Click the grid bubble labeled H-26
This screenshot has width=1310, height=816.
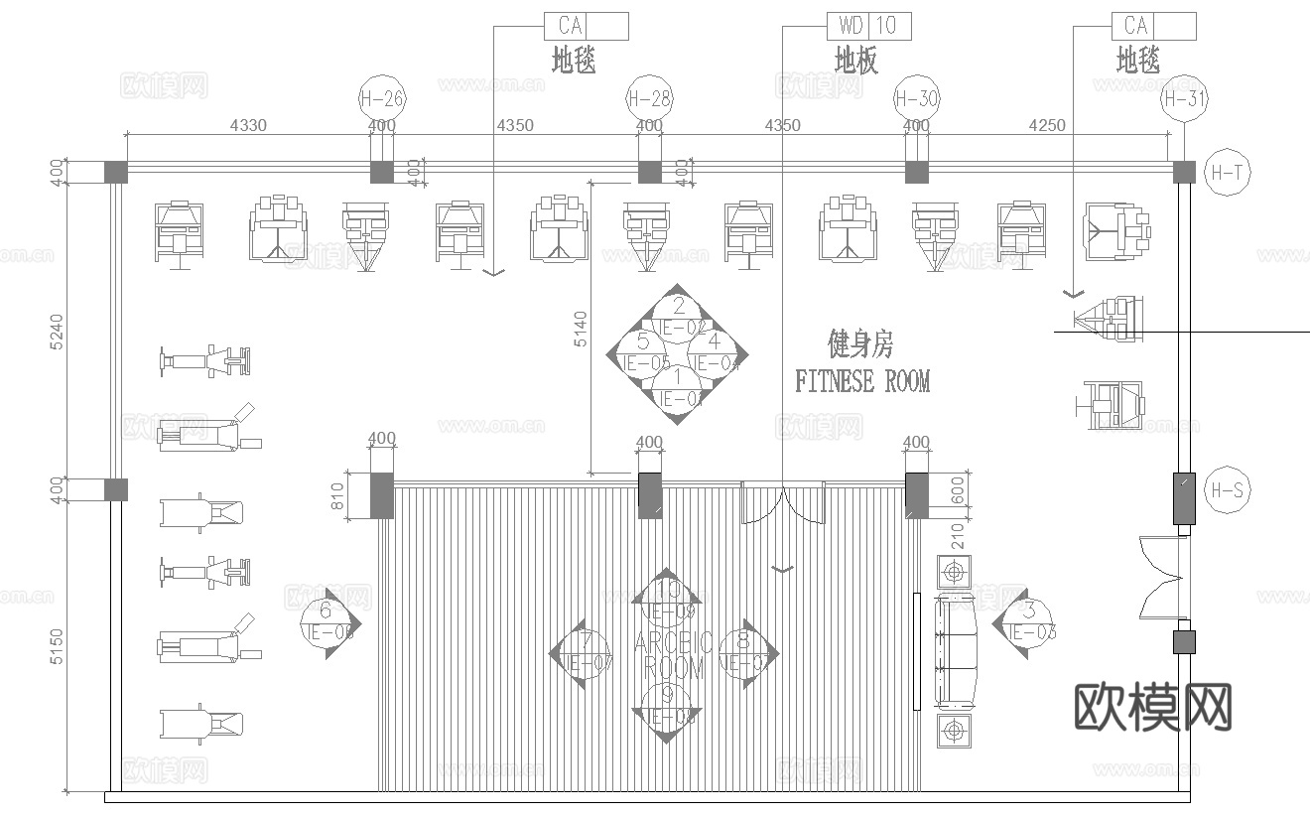point(382,98)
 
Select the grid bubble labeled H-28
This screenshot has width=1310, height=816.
point(649,98)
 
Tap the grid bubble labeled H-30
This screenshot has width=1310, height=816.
point(916,98)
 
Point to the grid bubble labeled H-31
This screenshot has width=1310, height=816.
point(1183,98)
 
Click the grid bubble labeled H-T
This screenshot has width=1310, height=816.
point(1227,172)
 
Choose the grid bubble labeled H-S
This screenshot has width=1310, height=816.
point(1227,489)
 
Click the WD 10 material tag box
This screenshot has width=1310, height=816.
point(868,26)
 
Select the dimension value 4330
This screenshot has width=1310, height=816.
point(248,126)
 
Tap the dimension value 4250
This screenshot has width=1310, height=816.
point(1047,126)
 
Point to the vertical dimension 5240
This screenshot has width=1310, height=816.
point(57,330)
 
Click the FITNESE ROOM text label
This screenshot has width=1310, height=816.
point(862,381)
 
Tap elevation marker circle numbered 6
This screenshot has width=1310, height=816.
point(325,623)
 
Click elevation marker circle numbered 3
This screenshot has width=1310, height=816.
point(1028,622)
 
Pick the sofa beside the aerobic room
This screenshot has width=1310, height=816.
point(957,651)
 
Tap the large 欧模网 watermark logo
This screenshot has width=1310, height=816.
point(1153,708)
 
